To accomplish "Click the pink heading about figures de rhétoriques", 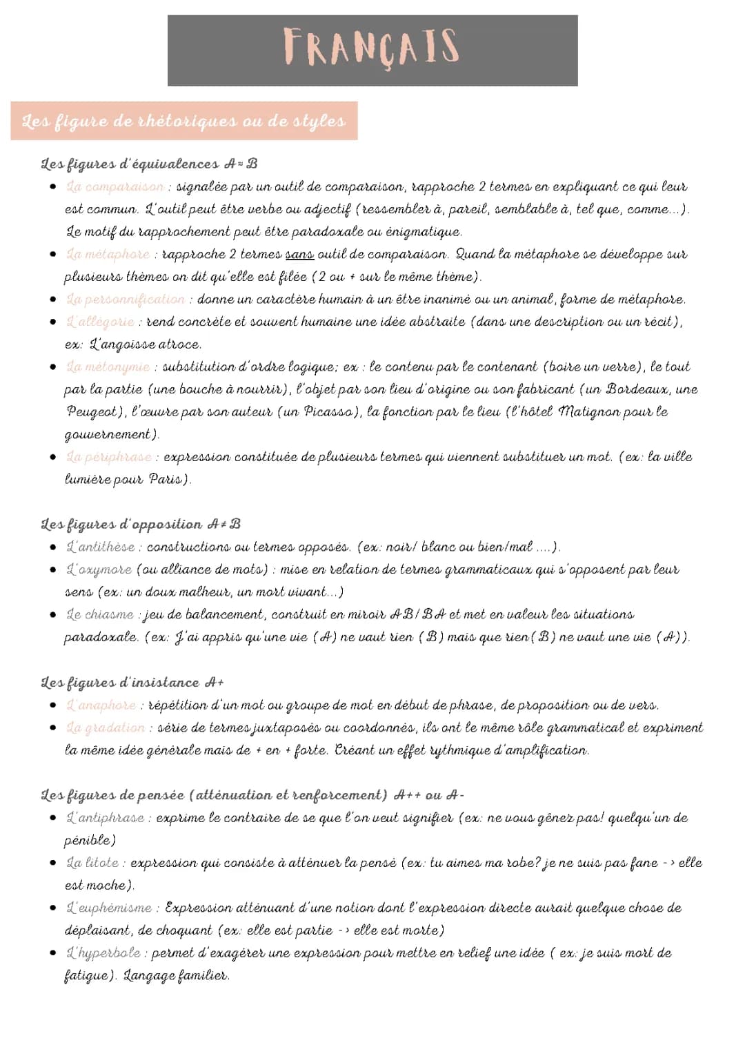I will tap(183, 121).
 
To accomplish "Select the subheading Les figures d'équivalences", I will tap(149, 164).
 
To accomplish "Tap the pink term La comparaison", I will tap(115, 187).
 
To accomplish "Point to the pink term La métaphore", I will tap(108, 255).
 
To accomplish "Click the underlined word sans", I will tap(299, 255).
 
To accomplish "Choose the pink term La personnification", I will tap(126, 300).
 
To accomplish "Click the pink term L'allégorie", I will tap(101, 322).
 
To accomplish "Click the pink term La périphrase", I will tap(109, 457).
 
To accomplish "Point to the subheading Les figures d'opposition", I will tap(141, 525).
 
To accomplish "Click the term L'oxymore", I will tap(99, 569).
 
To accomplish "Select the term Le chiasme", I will tap(100, 614).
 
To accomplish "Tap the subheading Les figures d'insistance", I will tap(132, 683).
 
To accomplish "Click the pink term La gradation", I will tap(106, 728).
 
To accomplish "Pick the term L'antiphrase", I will tap(105, 818).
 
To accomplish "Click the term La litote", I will tap(92, 863).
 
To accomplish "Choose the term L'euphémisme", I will tap(109, 908).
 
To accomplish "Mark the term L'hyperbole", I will tap(103, 953).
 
